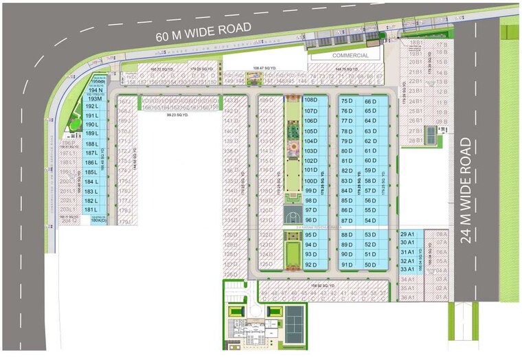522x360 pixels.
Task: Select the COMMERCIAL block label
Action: pyautogui.click(x=350, y=55)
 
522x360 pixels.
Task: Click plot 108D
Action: pyautogui.click(x=310, y=100)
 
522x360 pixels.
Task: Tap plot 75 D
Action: pyautogui.click(x=346, y=101)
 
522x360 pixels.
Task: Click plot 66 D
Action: pyautogui.click(x=371, y=101)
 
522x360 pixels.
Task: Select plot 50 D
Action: pyautogui.click(x=371, y=265)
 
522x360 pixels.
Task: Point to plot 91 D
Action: pyautogui.click(x=346, y=265)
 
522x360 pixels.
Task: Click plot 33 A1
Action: pyautogui.click(x=408, y=269)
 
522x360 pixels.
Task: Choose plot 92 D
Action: pyautogui.click(x=310, y=265)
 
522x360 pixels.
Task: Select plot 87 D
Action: pyautogui.click(x=346, y=221)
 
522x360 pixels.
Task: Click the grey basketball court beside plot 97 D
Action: pyautogui.click(x=293, y=215)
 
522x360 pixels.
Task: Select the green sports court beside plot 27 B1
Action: pyautogui.click(x=430, y=135)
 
